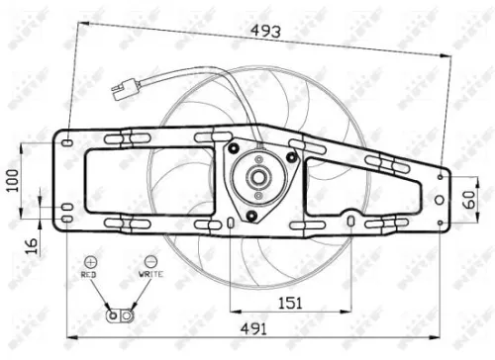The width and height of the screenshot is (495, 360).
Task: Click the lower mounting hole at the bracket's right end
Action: tap(441, 223)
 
